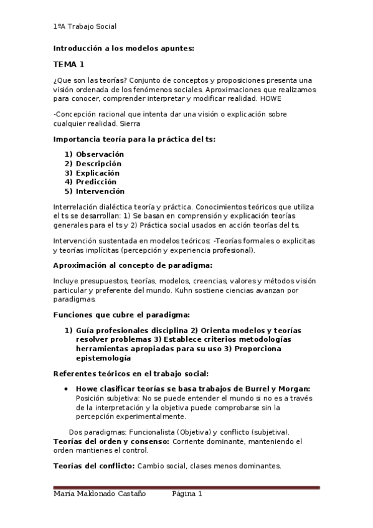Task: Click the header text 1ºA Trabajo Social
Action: tap(85, 27)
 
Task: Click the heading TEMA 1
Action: tap(68, 64)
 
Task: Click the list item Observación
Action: tap(100, 154)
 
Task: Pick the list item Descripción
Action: tap(98, 164)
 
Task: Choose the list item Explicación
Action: tap(97, 173)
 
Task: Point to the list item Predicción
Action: tap(96, 182)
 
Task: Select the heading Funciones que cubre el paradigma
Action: tap(121, 314)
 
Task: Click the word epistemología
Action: tap(103, 358)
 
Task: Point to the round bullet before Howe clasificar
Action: tap(67, 388)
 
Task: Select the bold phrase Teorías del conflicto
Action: tap(93, 465)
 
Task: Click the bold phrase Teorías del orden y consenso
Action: tap(111, 441)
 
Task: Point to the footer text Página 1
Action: tap(187, 494)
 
